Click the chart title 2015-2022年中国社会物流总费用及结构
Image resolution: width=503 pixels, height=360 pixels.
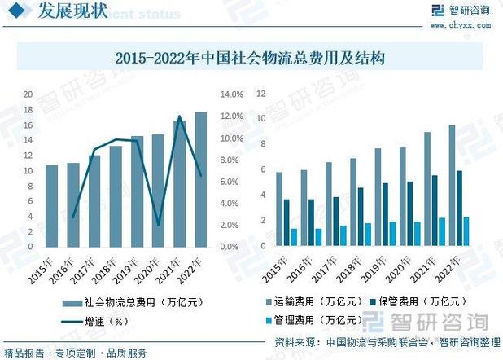(250, 59)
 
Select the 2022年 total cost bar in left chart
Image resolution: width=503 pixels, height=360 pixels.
(201, 179)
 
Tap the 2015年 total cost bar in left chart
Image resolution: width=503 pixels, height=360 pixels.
(51, 206)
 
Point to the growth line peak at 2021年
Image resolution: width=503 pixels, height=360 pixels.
(179, 116)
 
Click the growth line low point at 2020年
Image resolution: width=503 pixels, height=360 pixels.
(159, 224)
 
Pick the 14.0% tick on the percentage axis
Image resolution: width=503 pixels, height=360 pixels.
(232, 94)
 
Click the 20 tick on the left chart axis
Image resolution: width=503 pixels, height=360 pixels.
(28, 94)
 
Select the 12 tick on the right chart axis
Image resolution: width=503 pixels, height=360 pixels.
(261, 94)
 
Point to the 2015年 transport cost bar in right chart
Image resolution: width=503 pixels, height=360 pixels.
(279, 209)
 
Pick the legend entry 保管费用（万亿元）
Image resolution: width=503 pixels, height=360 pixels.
(415, 301)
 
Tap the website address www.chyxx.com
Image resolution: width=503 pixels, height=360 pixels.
(460, 24)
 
